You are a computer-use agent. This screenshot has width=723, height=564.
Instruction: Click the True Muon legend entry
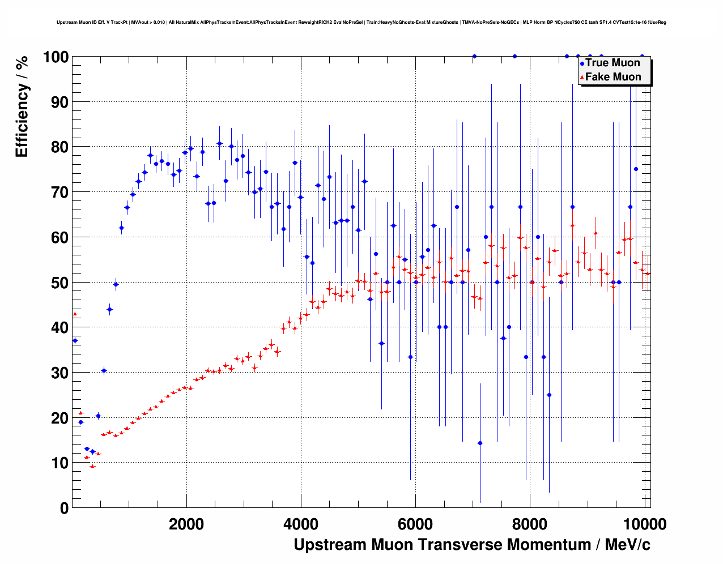(x=612, y=63)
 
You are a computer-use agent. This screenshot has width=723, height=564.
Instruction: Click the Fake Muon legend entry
(x=613, y=77)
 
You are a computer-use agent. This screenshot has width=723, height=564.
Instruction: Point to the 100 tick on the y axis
(x=56, y=57)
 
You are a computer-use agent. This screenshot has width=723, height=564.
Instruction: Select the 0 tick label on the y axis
(x=63, y=508)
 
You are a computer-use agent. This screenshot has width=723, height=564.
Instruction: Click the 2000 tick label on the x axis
(x=186, y=524)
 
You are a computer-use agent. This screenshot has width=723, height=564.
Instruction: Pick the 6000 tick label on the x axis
(x=415, y=524)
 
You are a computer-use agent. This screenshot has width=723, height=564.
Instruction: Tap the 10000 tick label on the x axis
(x=644, y=524)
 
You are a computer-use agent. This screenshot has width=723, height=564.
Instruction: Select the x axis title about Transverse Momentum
(x=472, y=545)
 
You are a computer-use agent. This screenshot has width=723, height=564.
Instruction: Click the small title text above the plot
(x=361, y=22)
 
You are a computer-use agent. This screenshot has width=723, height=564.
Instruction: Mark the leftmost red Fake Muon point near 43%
(x=75, y=314)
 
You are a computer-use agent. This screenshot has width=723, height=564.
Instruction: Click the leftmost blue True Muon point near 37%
(x=75, y=340)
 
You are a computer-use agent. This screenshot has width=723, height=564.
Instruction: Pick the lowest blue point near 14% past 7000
(x=480, y=443)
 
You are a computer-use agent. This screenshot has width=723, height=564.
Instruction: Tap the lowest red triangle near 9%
(x=92, y=466)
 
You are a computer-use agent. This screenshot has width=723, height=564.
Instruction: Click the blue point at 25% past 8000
(x=549, y=395)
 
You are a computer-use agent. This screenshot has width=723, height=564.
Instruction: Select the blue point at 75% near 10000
(x=636, y=169)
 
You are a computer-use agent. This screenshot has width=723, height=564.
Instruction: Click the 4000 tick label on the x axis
(x=301, y=524)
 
